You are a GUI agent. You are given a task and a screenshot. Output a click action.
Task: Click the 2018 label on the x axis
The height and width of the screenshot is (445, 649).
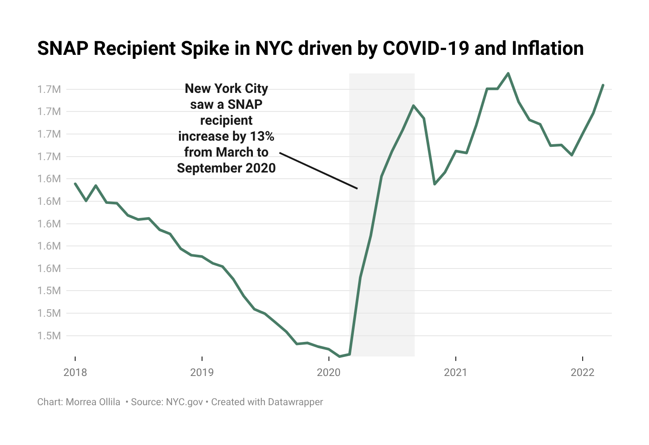[x=75, y=372]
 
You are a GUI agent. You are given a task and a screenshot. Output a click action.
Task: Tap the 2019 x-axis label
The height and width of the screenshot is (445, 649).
[x=202, y=372]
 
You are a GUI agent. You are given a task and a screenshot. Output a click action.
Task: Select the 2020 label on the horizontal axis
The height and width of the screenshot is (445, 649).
[x=329, y=372]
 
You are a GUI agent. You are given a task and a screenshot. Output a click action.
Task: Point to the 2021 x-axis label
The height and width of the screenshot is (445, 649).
[x=455, y=372]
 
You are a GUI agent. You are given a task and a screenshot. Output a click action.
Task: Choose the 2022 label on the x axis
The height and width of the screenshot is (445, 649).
[x=583, y=372]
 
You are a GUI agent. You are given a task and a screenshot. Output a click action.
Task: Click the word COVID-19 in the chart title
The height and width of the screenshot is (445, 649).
[x=426, y=49]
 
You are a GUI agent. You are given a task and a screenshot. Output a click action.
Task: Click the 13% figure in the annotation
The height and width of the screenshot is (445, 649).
[x=262, y=136]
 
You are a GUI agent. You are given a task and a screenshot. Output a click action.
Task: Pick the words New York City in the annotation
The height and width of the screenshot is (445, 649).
[x=226, y=88]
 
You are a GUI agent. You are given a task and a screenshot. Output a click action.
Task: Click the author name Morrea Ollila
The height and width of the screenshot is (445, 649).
[x=93, y=402]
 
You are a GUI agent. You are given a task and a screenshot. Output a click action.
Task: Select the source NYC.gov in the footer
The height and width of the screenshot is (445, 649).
[x=184, y=402]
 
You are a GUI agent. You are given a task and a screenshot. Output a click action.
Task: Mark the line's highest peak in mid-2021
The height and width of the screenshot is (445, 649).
[x=508, y=73]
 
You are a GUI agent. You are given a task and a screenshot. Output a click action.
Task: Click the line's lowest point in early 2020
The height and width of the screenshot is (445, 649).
[x=340, y=356]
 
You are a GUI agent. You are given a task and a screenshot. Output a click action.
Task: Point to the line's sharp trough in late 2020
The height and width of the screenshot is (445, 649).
[x=435, y=184]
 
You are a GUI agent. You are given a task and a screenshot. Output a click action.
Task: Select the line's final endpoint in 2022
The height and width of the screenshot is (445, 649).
[x=603, y=85]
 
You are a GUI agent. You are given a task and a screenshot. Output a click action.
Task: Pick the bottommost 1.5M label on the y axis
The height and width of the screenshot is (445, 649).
[x=49, y=336]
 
